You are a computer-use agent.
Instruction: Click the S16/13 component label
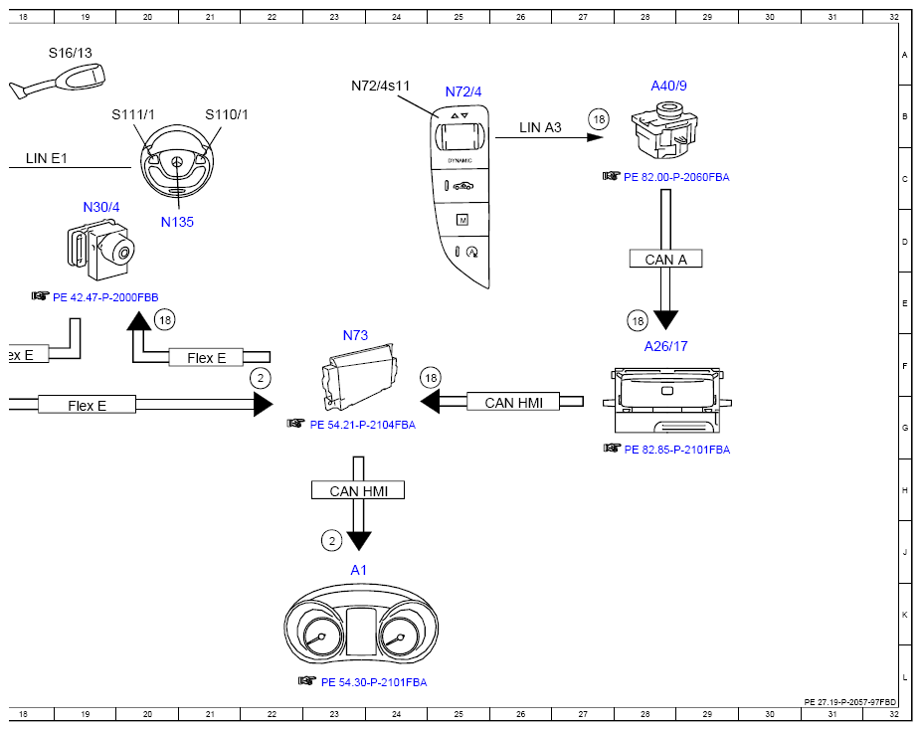pos(70,53)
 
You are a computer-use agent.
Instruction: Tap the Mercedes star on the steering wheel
pos(177,162)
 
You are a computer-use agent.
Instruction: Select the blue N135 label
pos(177,222)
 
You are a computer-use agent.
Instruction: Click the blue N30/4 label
pos(101,207)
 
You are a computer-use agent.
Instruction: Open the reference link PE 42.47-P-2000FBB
pos(105,297)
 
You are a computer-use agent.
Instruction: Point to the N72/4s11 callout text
pos(381,86)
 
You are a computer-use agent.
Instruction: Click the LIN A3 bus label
pos(540,127)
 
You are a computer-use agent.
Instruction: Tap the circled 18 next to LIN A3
pos(599,119)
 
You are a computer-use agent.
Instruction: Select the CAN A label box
pos(665,259)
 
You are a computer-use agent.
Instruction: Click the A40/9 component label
pos(668,86)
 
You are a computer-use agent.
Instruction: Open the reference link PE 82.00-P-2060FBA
pos(676,177)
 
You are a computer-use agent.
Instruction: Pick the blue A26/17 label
pos(665,346)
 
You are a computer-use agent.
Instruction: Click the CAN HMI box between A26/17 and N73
pos(513,402)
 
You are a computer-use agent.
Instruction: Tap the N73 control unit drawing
pos(359,376)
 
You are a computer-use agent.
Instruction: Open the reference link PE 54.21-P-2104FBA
pos(363,425)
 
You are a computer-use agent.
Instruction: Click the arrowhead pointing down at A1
pos(359,541)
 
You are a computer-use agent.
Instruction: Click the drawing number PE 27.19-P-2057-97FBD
pos(850,702)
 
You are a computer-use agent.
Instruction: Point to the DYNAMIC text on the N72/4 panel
pos(460,160)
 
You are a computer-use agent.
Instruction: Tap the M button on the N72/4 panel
pos(462,220)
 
